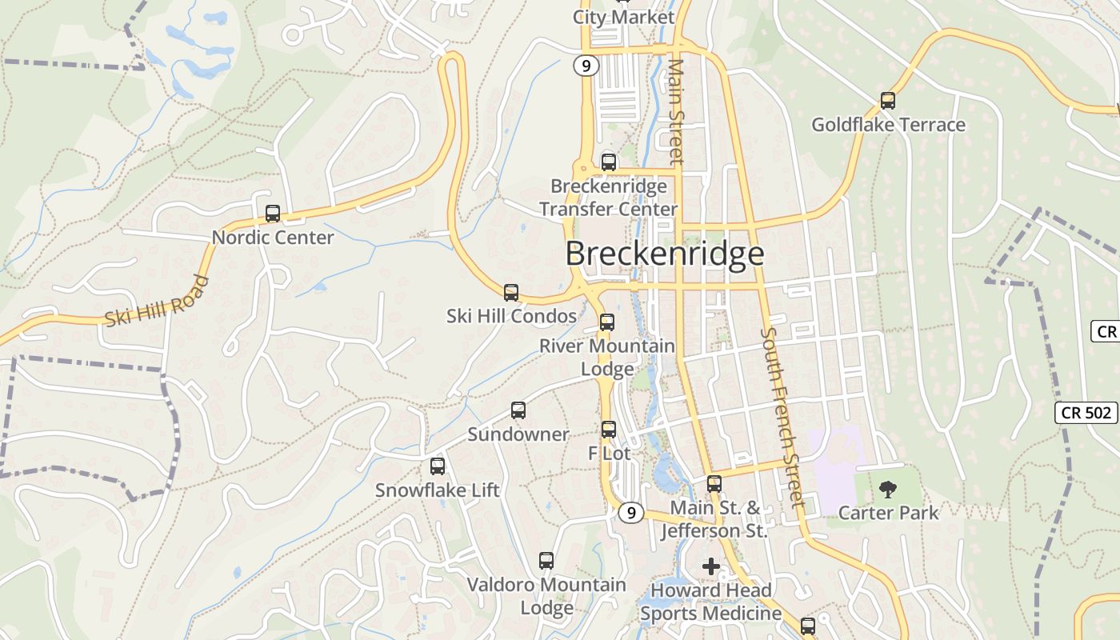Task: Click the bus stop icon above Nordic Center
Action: [273, 214]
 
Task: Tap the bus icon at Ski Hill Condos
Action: [511, 293]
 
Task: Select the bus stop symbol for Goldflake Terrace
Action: [887, 101]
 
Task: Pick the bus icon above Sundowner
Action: [518, 410]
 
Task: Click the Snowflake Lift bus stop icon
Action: [438, 466]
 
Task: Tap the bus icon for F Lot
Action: [609, 430]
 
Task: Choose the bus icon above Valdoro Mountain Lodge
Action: [546, 561]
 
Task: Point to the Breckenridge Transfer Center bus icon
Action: [609, 162]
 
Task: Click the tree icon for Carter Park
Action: [887, 490]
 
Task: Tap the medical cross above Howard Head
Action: [711, 566]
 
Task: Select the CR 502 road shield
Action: [1086, 413]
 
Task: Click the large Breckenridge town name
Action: [665, 254]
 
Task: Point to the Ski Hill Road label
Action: [158, 302]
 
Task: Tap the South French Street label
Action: [782, 417]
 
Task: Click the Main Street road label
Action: [677, 111]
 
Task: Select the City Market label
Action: [624, 17]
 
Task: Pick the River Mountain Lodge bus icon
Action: [607, 322]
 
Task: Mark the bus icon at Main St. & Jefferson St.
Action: [714, 484]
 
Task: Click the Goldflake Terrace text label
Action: [888, 125]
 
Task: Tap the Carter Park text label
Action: [888, 512]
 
